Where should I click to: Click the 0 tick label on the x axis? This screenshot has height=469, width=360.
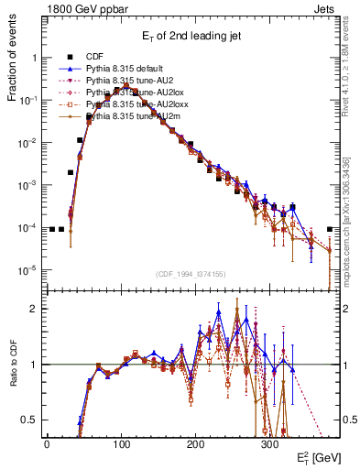[47, 442]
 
